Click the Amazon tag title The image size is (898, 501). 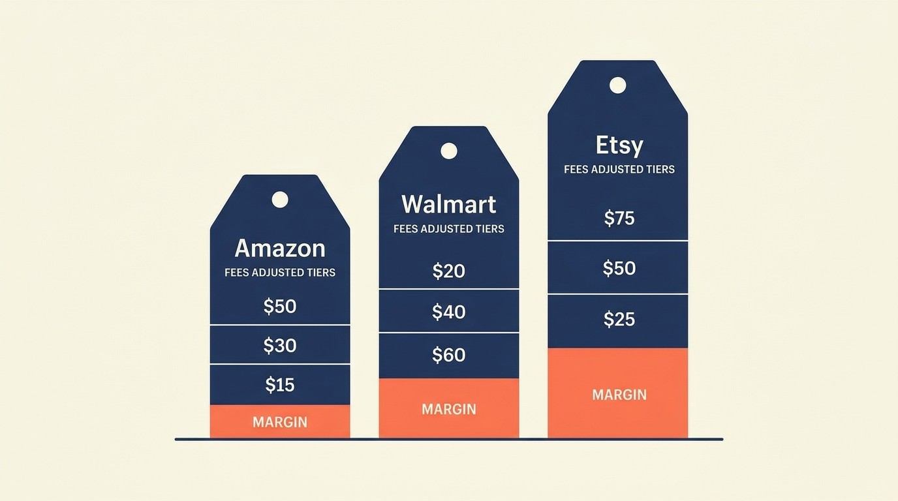279,249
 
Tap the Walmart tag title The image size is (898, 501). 449,204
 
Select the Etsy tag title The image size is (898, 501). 619,145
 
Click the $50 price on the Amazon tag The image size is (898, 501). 280,307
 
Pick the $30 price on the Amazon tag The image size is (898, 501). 280,345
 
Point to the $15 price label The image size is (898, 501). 280,385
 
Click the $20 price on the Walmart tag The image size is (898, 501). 449,271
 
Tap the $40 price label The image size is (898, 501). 449,312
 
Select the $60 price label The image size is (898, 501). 449,355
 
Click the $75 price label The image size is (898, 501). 619,218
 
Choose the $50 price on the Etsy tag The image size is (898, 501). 619,268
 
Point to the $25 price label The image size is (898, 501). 619,319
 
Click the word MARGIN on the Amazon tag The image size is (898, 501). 280,422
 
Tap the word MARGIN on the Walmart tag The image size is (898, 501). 449,409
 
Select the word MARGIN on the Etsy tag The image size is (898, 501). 619,394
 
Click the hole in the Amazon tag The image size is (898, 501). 280,200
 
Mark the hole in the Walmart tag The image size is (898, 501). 449,151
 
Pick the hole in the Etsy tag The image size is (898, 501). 617,85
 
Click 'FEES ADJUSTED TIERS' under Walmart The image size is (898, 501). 449,229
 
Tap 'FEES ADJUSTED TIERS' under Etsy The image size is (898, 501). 619,169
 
